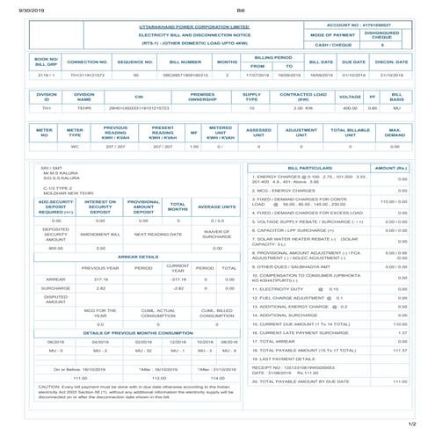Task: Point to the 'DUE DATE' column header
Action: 354,62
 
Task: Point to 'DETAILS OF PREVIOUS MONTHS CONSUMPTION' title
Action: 138,333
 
